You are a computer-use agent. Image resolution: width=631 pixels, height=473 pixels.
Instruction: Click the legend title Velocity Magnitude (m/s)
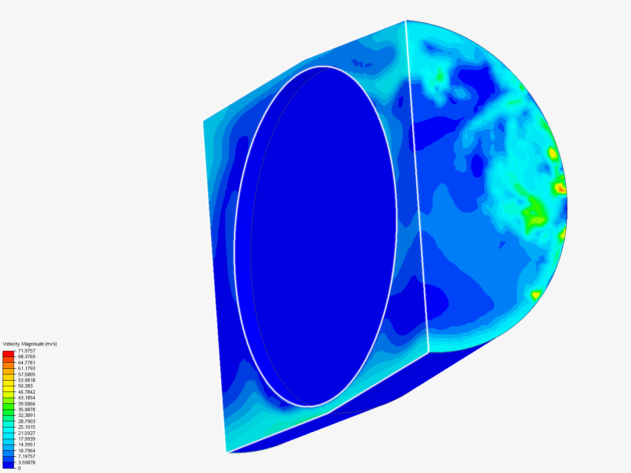coord(30,344)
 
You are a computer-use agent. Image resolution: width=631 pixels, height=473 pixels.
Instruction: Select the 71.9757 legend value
coord(26,351)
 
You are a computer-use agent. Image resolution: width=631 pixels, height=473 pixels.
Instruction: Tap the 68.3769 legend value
coord(26,357)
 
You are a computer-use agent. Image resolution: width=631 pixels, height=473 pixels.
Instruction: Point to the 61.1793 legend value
coord(26,368)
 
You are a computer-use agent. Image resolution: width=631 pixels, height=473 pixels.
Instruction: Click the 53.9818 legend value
coord(26,380)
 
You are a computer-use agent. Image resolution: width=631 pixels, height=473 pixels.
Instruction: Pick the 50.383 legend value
coord(25,386)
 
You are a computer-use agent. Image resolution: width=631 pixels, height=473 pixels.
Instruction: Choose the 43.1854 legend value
coord(26,398)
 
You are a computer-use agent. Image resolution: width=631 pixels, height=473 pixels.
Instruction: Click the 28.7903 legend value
coord(26,421)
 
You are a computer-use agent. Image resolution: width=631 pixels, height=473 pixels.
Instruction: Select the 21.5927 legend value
coord(26,433)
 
